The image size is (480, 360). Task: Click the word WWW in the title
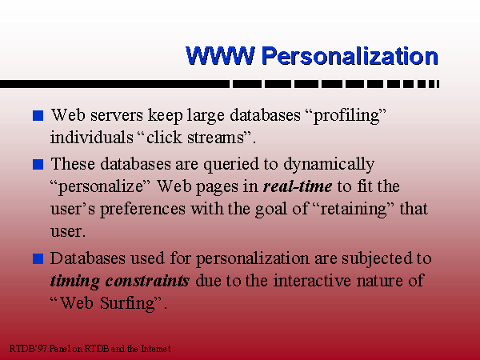click(x=220, y=56)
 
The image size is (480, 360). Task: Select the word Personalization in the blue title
click(x=350, y=56)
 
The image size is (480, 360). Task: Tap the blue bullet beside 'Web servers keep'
click(x=38, y=115)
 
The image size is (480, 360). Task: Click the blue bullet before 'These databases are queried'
click(x=38, y=164)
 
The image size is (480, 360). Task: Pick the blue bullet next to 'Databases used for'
click(x=38, y=258)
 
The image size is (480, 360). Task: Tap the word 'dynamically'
click(x=329, y=165)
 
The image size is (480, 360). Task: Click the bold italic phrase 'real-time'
click(x=298, y=186)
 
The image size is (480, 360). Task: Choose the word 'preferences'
click(x=142, y=210)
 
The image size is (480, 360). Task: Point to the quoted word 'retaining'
click(x=354, y=210)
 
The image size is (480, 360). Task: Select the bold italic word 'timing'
click(x=75, y=282)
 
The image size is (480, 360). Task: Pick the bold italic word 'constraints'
click(x=147, y=281)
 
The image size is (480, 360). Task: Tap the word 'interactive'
click(x=312, y=281)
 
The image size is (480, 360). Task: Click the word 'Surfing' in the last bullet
click(x=129, y=304)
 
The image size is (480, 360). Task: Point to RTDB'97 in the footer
click(x=28, y=348)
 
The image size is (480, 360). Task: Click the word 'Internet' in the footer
click(x=155, y=348)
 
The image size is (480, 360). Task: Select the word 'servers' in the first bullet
click(x=117, y=116)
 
